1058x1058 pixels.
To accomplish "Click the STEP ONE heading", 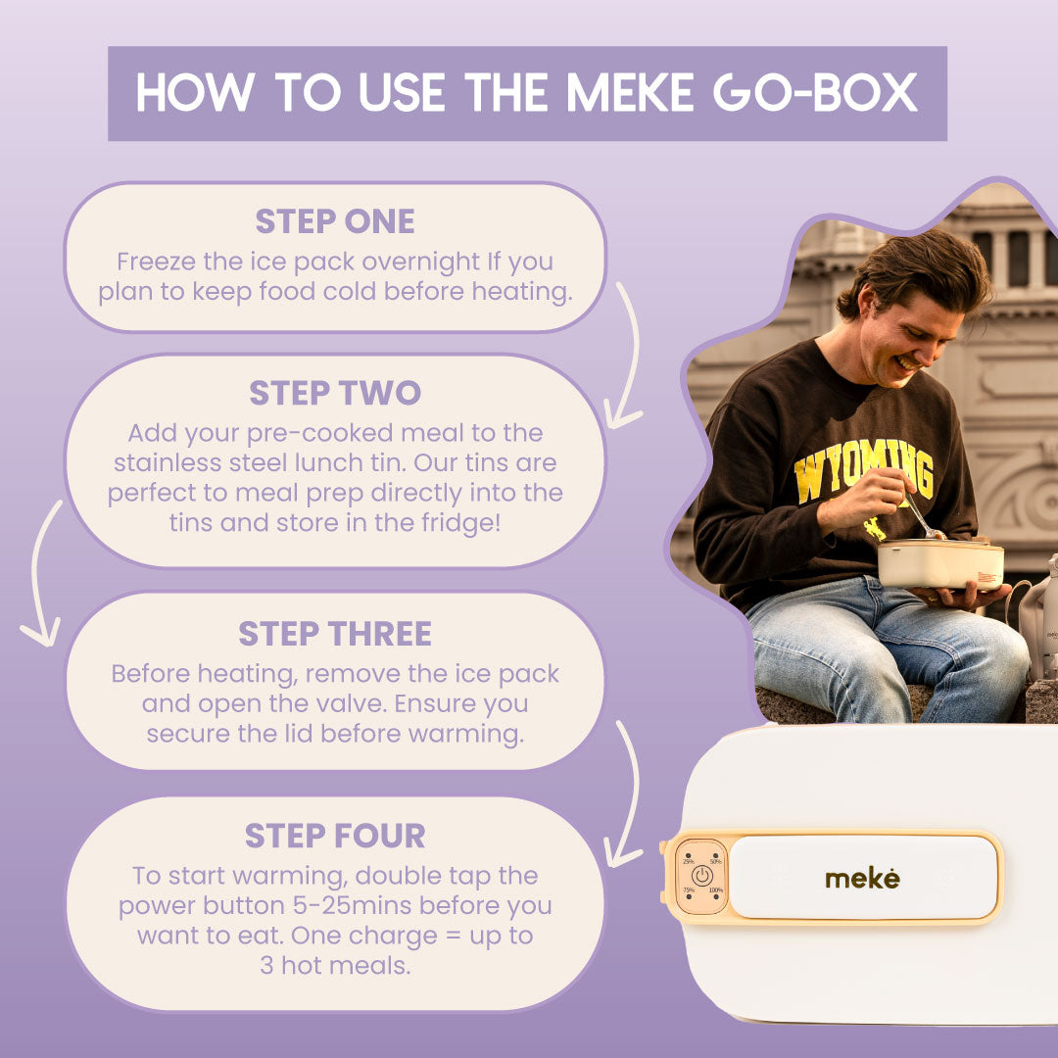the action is point(335,221).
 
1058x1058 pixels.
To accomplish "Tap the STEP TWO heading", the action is point(335,393).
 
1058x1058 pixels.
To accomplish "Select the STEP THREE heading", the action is point(335,634).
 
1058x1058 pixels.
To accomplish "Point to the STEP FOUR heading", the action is point(335,836).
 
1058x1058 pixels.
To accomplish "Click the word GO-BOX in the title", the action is point(815,92).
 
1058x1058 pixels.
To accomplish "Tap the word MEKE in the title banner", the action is point(630,92).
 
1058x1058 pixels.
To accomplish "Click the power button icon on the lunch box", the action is point(701,876).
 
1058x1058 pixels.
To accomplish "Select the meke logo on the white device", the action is point(862,879).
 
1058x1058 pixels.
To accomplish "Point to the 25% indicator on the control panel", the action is point(689,861).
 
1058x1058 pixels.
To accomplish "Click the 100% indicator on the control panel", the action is point(715,890).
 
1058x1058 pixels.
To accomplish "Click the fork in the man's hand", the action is point(923,516).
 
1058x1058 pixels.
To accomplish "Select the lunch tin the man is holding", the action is point(940,563).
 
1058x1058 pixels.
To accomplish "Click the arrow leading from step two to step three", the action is point(37,573).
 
